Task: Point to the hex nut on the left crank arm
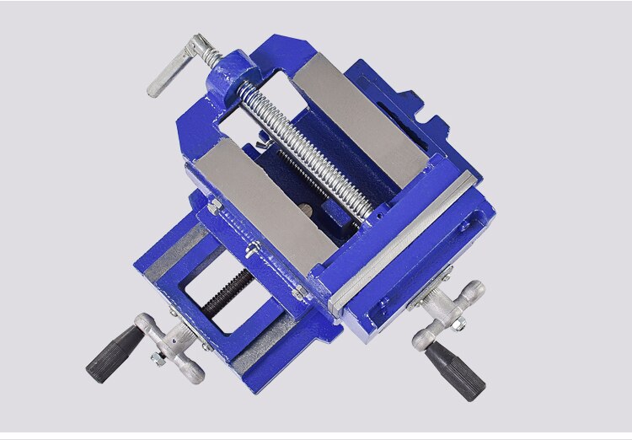[156, 358]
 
